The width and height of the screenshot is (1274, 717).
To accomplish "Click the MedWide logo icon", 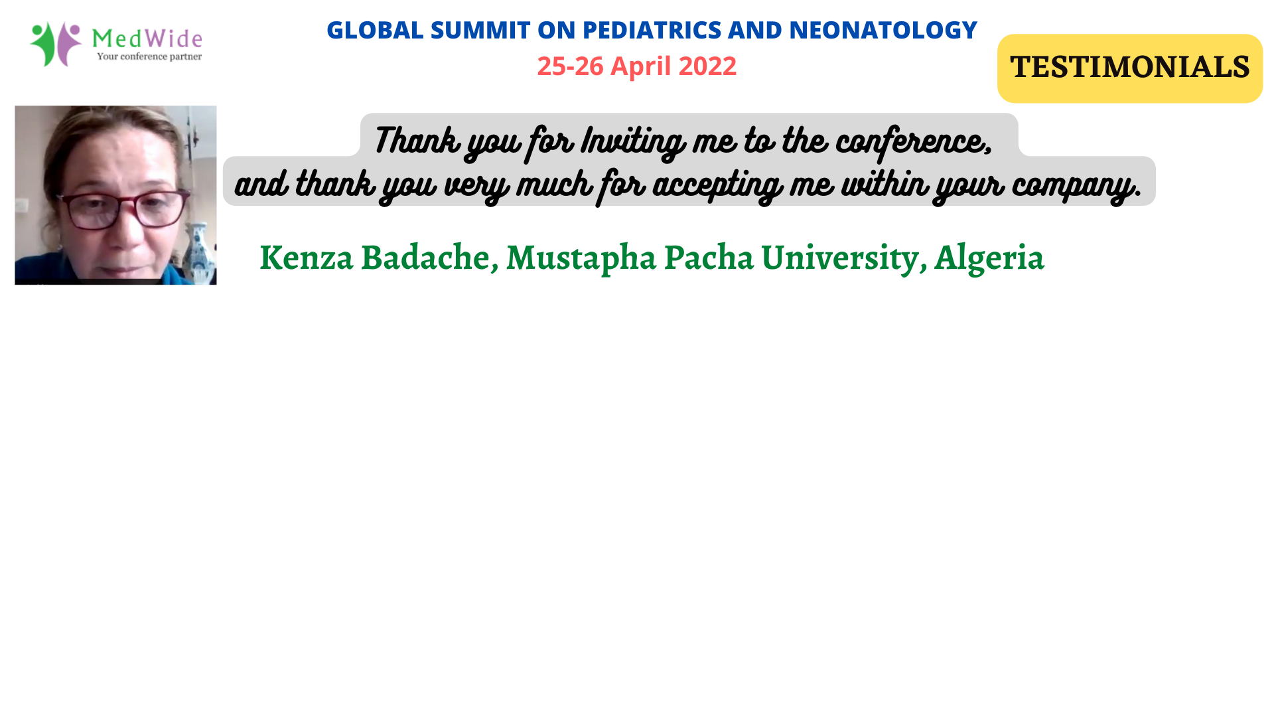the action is point(56,44).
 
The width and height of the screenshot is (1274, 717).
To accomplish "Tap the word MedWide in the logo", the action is point(147,38).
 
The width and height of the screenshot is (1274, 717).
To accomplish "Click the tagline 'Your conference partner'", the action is point(149,56).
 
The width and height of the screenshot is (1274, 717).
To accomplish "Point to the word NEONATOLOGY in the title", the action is point(883,30).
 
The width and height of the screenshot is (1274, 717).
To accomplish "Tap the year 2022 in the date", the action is point(707,66).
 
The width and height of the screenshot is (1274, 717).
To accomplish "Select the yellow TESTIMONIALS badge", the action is point(1129,68).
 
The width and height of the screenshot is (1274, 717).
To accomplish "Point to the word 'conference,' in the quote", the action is point(914,141).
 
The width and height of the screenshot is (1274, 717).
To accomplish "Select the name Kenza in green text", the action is point(307,258).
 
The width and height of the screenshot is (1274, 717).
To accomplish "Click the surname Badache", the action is point(429,258).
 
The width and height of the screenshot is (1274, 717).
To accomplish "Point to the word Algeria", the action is point(989,258).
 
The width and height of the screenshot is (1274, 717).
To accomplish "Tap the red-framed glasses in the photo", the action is point(123,208).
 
